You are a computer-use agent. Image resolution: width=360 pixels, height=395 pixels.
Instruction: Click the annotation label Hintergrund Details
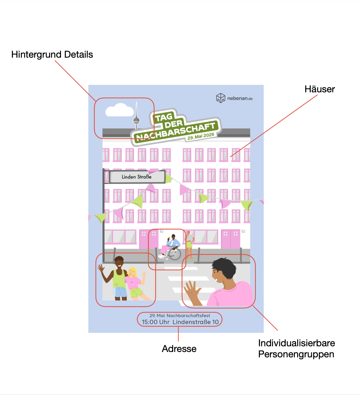pyautogui.click(x=52, y=55)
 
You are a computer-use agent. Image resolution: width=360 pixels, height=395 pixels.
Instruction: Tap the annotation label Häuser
pyautogui.click(x=319, y=89)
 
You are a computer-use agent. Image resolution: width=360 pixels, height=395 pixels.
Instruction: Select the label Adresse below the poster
pyautogui.click(x=179, y=349)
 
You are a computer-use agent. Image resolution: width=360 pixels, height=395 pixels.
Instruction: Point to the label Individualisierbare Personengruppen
pyautogui.click(x=296, y=348)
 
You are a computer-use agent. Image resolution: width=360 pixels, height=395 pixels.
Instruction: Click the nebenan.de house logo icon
pyautogui.click(x=221, y=98)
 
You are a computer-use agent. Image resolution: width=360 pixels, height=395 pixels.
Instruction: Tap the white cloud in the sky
pyautogui.click(x=120, y=111)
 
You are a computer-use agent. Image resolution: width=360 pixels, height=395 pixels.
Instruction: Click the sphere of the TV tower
pyautogui.click(x=136, y=121)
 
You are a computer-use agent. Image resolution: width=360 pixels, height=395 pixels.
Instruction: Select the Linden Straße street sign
pyautogui.click(x=137, y=177)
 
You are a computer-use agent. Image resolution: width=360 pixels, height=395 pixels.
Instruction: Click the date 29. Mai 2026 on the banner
pyautogui.click(x=201, y=136)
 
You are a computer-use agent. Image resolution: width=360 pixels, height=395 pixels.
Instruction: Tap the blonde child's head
pyautogui.click(x=132, y=272)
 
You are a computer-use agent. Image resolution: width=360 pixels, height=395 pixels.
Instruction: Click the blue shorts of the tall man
pyautogui.click(x=120, y=292)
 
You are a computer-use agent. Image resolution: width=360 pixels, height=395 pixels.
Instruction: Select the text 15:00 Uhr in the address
pyautogui.click(x=155, y=322)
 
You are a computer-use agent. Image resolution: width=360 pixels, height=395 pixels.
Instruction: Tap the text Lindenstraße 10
pyautogui.click(x=196, y=322)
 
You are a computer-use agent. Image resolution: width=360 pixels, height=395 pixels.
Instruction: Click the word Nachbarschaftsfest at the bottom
pyautogui.click(x=188, y=316)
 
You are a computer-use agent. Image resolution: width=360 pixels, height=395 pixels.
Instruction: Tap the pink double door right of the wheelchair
pyautogui.click(x=231, y=239)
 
